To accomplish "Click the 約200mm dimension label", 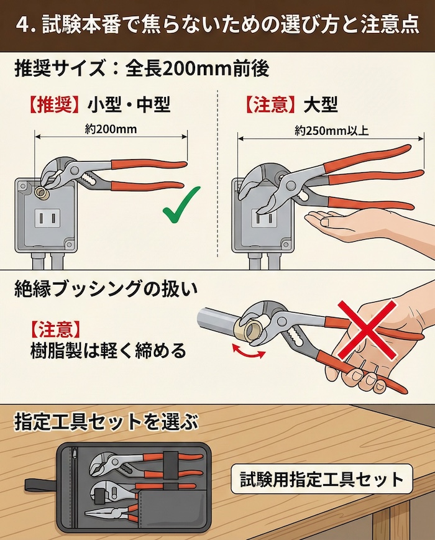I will (x=110, y=129).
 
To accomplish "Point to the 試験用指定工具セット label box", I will (x=321, y=479).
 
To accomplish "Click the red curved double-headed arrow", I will (x=248, y=352).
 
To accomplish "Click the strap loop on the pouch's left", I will (x=37, y=484).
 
